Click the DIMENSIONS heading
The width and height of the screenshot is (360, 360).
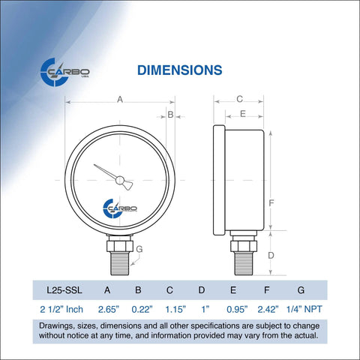179,70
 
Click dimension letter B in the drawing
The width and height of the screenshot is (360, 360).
170,115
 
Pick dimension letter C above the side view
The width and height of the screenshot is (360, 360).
239,99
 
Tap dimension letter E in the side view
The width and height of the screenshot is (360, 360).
243,113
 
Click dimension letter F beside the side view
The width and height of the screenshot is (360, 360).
272,202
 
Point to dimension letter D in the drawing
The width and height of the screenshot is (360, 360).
271,255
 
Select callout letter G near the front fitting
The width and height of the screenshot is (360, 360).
139,249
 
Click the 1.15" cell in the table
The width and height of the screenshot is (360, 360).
171,308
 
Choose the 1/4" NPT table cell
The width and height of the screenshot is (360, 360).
301,308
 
